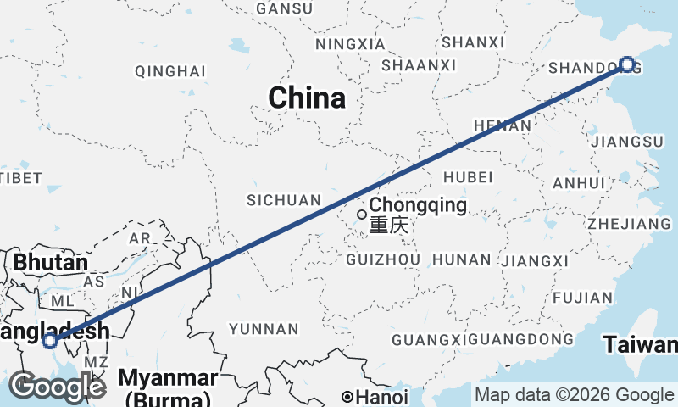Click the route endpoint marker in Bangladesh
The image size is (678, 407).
pyautogui.click(x=50, y=341)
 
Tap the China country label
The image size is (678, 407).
pyautogui.click(x=307, y=98)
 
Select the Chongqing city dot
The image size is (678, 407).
pyautogui.click(x=362, y=214)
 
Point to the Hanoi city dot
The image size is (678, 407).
pyautogui.click(x=347, y=397)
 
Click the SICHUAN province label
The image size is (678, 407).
pyautogui.click(x=284, y=200)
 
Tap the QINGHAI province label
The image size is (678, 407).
pyautogui.click(x=170, y=70)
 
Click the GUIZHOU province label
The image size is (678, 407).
pyautogui.click(x=384, y=259)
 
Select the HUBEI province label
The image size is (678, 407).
pyautogui.click(x=467, y=177)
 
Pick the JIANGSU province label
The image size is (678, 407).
pyautogui.click(x=629, y=141)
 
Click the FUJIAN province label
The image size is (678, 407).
pyautogui.click(x=582, y=298)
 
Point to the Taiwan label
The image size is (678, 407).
pyautogui.click(x=641, y=345)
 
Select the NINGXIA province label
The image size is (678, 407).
pyautogui.click(x=343, y=44)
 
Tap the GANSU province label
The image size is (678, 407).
pyautogui.click(x=284, y=8)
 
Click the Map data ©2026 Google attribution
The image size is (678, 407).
pyautogui.click(x=574, y=395)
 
